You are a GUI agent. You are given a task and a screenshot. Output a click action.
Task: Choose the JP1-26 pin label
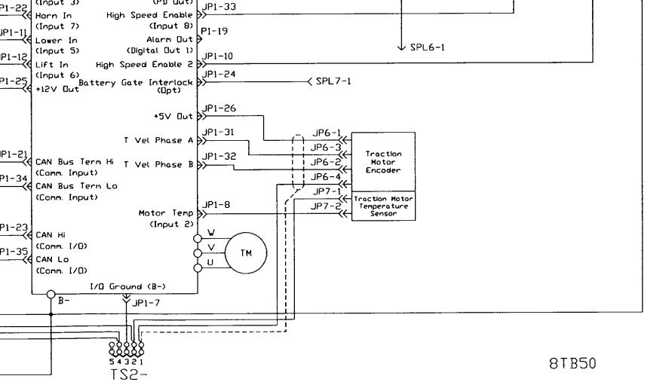[x=219, y=108]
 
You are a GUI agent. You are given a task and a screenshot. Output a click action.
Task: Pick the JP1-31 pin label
[x=219, y=133]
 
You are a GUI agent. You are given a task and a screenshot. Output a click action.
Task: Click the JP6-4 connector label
[x=326, y=176]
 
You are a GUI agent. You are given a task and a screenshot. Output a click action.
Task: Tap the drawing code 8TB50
[x=572, y=362]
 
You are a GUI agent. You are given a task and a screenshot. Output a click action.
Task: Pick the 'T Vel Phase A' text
[x=158, y=140]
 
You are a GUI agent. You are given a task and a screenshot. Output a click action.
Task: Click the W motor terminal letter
[x=211, y=233]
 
